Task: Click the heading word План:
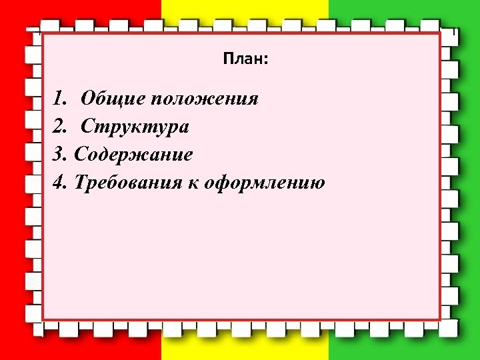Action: coord(246,60)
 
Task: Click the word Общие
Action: coord(113,100)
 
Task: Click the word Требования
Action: coord(127,182)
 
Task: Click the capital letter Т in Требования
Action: coord(81,182)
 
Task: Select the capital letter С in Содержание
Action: coord(81,155)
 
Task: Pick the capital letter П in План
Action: coord(229,60)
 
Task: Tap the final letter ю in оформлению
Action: coord(318,183)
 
